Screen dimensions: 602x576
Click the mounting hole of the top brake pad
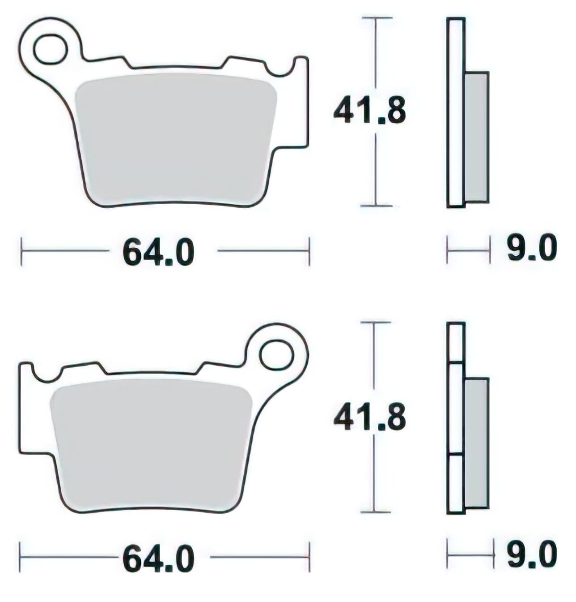pos(50,50)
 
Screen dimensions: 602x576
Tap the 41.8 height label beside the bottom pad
pos(370,417)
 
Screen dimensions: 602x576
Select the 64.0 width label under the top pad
pos(159,253)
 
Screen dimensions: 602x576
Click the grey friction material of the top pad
pos(174,139)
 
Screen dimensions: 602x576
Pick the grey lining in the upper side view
pos(476,137)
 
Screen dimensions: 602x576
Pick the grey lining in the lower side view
pos(476,443)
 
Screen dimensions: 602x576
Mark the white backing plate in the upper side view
pos(455,112)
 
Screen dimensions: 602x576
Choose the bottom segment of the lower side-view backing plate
pos(456,484)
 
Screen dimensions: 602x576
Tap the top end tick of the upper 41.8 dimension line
pos(376,18)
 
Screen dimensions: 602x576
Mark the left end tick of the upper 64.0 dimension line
pos(21,251)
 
